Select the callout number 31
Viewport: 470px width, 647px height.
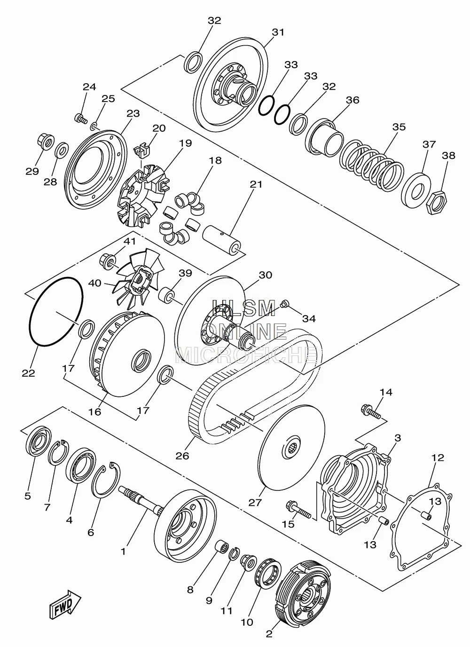tap(278, 32)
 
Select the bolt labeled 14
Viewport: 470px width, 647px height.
tap(371, 411)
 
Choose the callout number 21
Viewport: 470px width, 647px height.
tap(256, 185)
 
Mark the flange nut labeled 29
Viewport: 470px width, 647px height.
tap(45, 143)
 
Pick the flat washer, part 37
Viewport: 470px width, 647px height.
tap(416, 188)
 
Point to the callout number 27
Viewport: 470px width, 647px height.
tap(254, 502)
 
